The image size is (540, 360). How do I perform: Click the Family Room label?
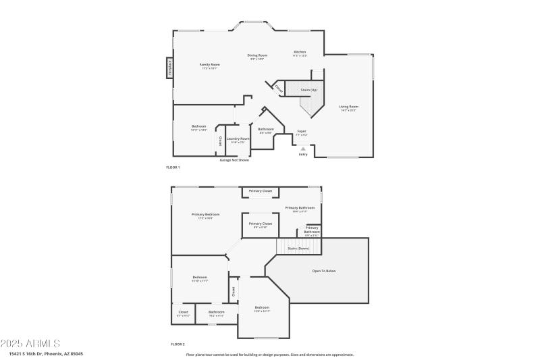[209, 66]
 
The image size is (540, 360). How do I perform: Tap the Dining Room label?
[257, 57]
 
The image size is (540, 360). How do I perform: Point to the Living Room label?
[348, 107]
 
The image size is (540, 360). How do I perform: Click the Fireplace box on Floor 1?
[169, 68]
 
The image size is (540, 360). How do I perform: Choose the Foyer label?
[302, 132]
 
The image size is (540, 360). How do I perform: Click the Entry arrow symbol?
[303, 149]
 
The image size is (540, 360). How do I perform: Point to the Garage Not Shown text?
[234, 160]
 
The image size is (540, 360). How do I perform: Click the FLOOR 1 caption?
[173, 167]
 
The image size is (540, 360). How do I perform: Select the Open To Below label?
[323, 271]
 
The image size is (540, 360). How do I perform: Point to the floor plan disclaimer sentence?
[269, 354]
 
